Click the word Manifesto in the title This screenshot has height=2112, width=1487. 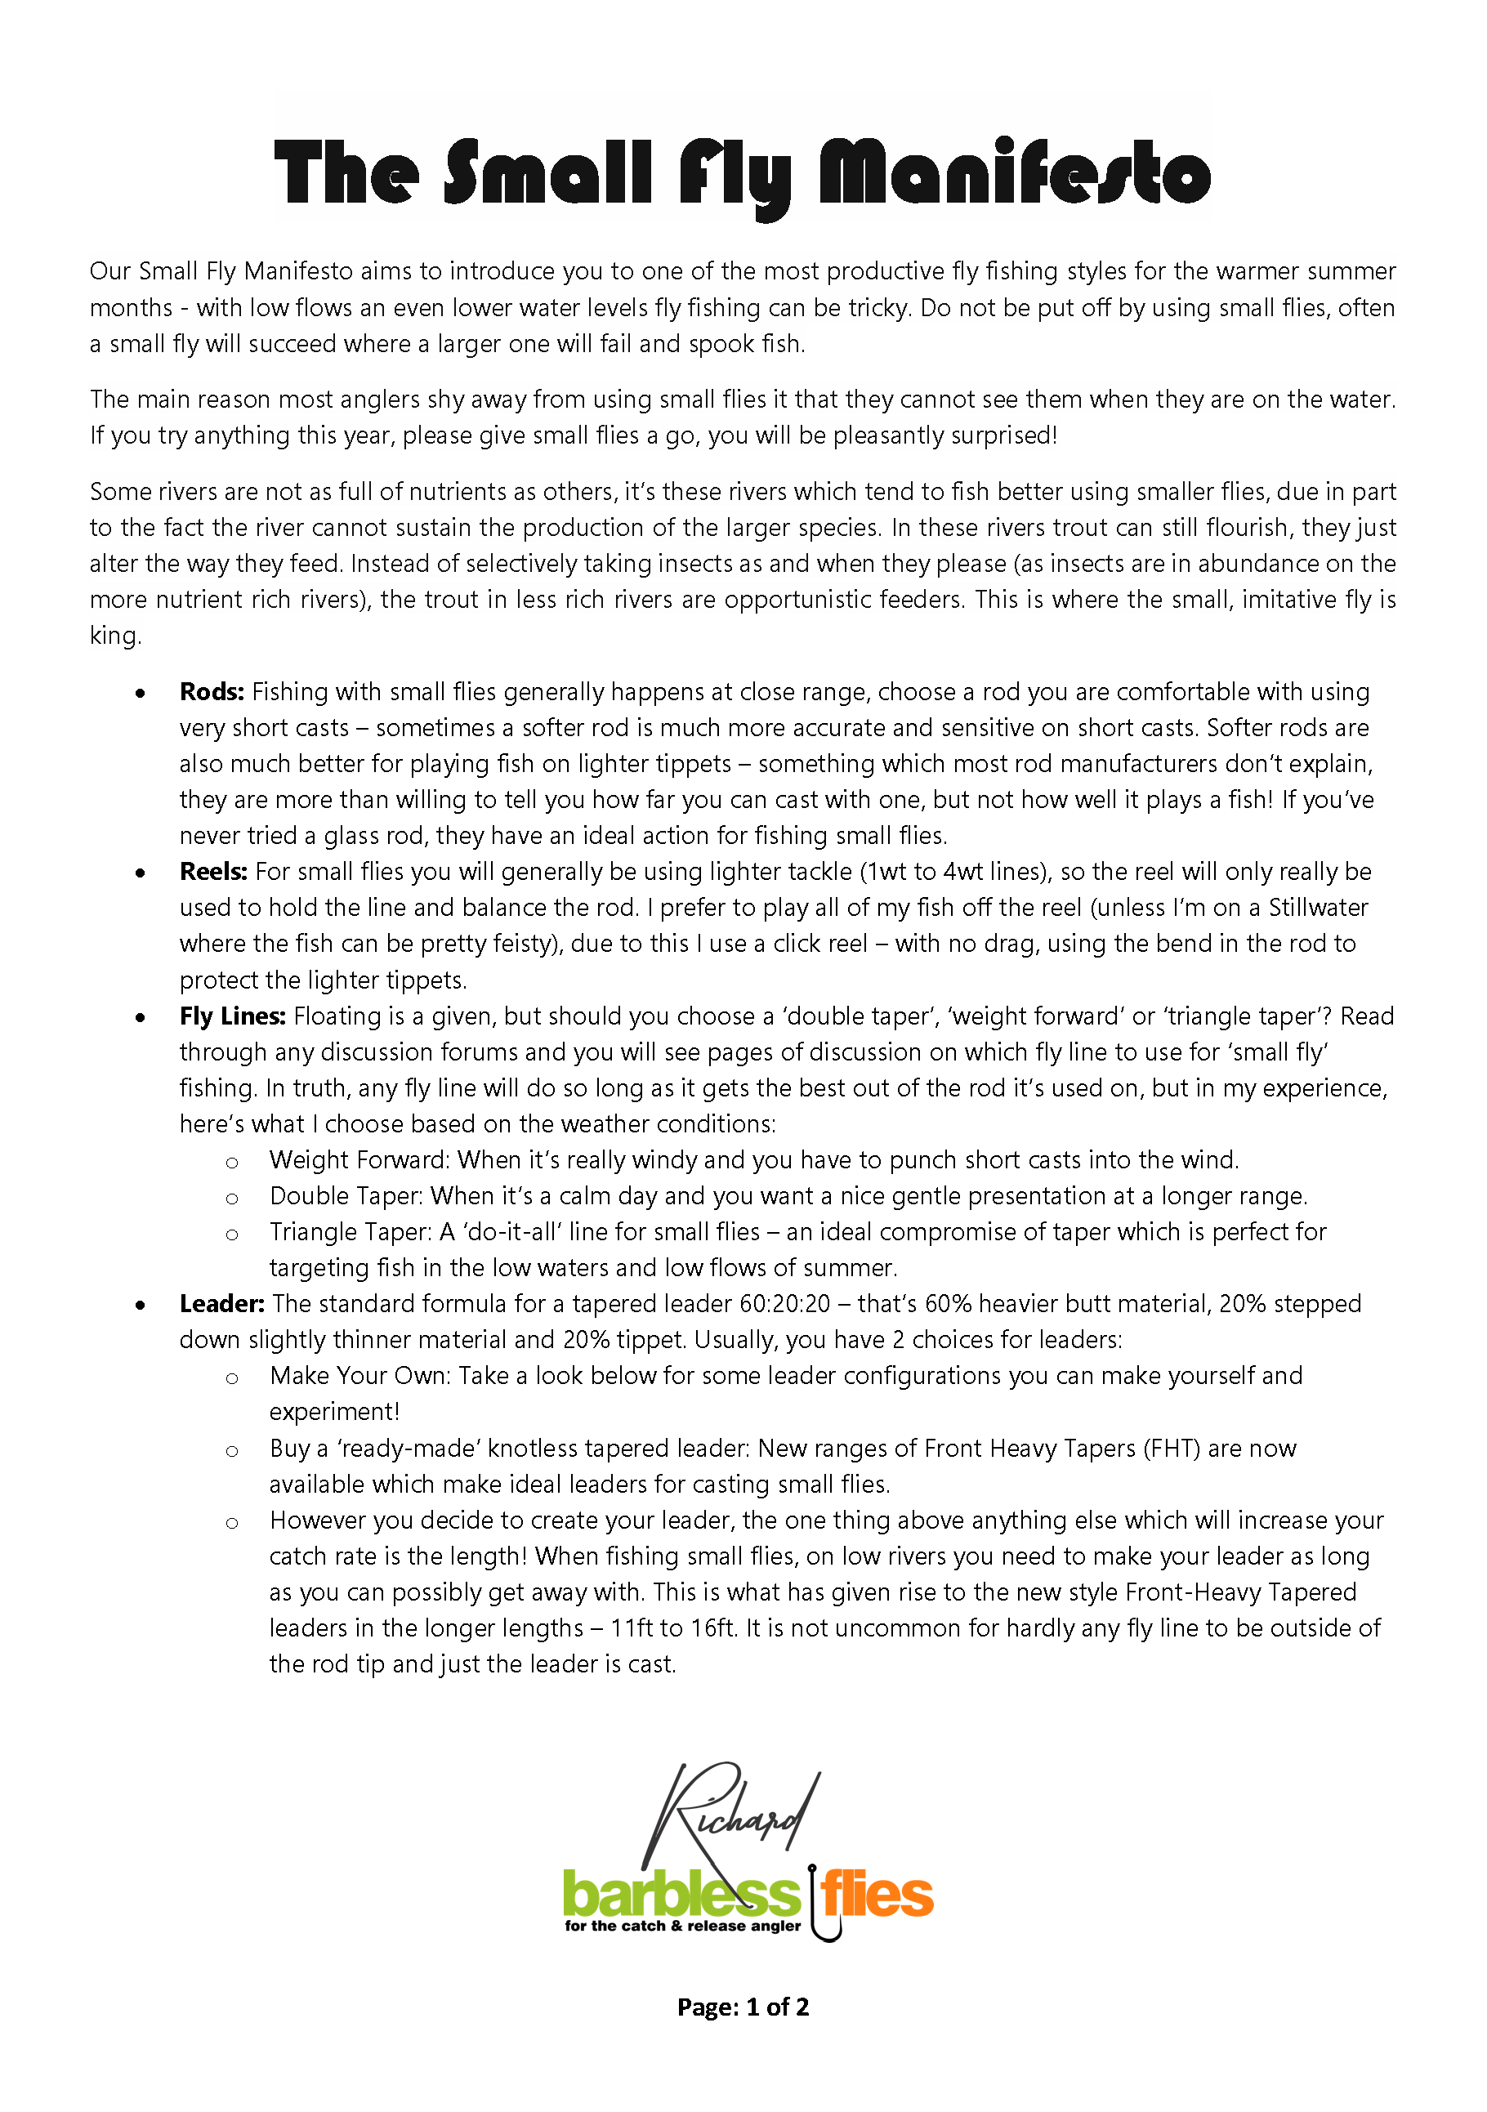click(1014, 173)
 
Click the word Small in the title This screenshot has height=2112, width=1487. click(548, 173)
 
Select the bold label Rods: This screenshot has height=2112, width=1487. click(212, 692)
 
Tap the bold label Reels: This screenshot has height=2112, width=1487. click(213, 872)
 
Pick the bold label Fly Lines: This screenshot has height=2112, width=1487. click(233, 1016)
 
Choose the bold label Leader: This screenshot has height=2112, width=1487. click(221, 1304)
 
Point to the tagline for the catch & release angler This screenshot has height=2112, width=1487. click(682, 1927)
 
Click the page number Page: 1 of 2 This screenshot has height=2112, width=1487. click(743, 2007)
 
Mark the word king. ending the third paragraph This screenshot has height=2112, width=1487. click(115, 636)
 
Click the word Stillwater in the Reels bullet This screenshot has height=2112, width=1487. click(1318, 908)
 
